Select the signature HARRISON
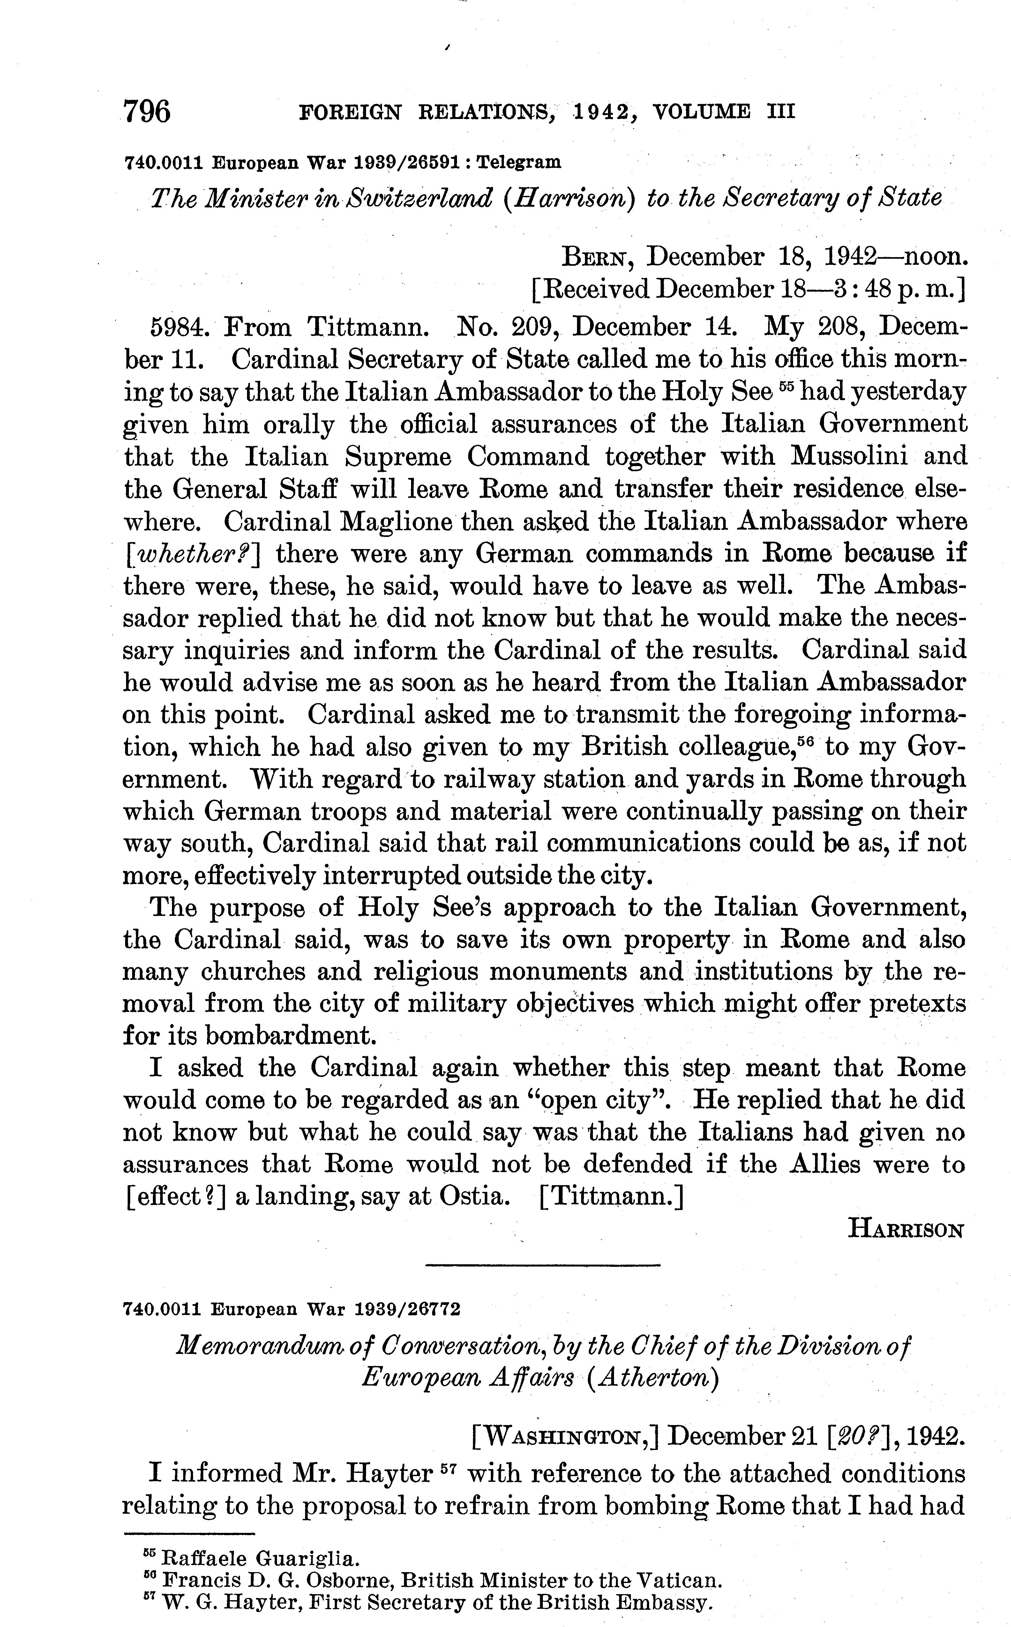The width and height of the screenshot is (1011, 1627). [x=905, y=1229]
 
